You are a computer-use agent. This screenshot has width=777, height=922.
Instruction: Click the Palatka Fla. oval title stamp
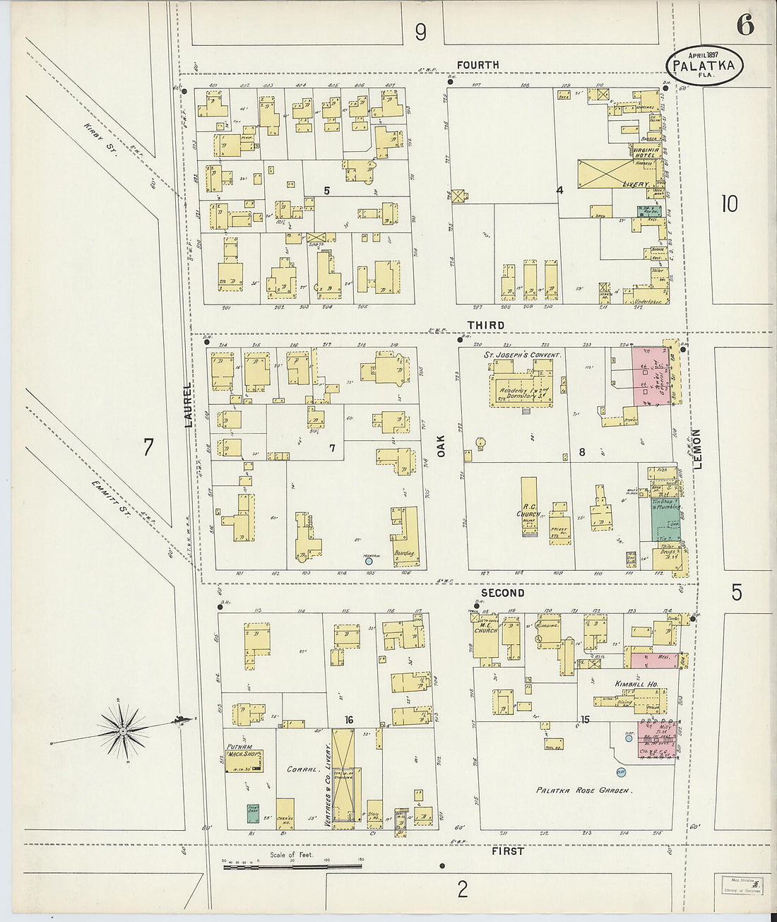[704, 66]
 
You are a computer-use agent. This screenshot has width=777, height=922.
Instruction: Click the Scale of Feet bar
[292, 865]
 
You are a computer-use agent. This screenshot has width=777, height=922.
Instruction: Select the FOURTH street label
[478, 65]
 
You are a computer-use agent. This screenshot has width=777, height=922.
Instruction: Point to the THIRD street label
[486, 326]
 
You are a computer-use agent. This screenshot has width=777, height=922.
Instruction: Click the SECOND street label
[502, 593]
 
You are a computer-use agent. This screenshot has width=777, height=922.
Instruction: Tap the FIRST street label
[508, 851]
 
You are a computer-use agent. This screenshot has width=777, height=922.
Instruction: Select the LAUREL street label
[188, 404]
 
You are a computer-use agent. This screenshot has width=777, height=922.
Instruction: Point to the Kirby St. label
[99, 138]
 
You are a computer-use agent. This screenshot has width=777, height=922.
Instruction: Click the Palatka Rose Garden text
[583, 791]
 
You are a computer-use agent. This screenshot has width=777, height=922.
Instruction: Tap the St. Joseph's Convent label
[522, 355]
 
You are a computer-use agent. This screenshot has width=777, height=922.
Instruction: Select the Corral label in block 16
[302, 769]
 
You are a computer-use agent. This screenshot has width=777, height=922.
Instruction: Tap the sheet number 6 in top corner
[745, 25]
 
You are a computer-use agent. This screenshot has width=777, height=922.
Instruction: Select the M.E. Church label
[486, 627]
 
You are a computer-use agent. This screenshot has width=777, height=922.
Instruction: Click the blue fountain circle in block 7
[368, 562]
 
